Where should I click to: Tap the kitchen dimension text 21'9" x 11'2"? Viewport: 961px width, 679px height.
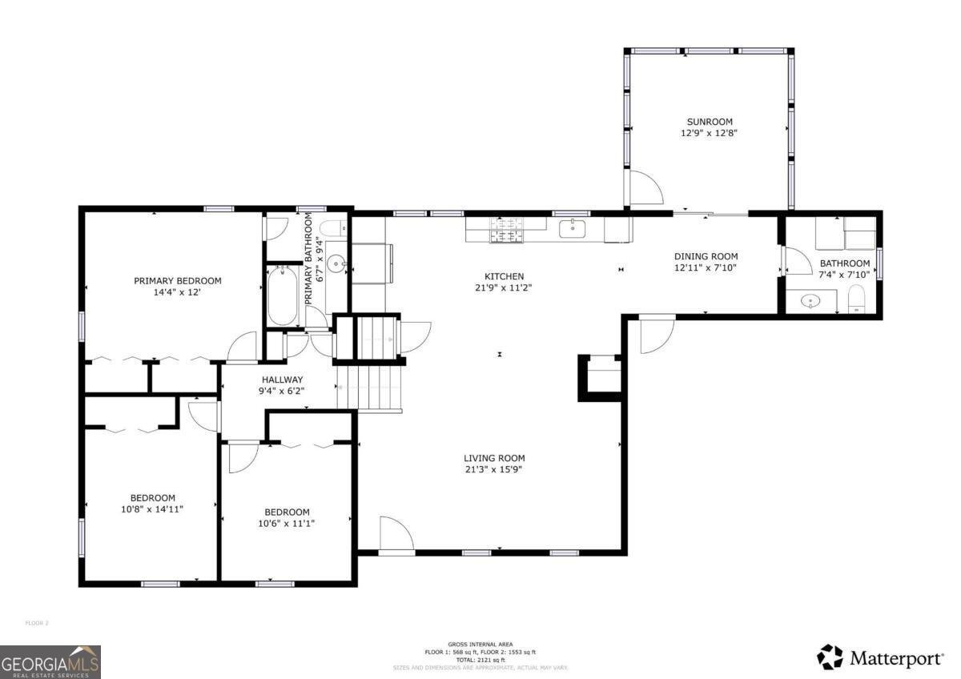click(x=504, y=287)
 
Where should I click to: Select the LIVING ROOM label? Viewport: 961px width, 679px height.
click(x=494, y=458)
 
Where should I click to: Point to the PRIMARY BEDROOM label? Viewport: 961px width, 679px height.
click(x=177, y=281)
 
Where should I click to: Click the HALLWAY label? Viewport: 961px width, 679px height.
click(x=281, y=380)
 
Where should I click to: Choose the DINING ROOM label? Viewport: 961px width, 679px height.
click(x=705, y=257)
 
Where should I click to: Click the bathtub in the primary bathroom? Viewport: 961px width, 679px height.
click(x=282, y=295)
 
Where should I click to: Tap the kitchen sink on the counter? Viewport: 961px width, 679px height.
click(x=573, y=229)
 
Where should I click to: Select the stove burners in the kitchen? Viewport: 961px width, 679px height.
click(x=505, y=230)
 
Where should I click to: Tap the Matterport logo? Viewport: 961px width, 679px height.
click(x=880, y=658)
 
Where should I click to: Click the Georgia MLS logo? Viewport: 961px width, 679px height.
click(x=50, y=662)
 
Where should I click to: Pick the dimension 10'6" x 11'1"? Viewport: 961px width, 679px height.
click(x=287, y=523)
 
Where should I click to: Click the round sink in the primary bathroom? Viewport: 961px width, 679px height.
click(x=338, y=262)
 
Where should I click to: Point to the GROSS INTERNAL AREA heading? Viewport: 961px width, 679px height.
click(x=480, y=645)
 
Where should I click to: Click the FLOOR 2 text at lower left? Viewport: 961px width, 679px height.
click(x=37, y=622)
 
